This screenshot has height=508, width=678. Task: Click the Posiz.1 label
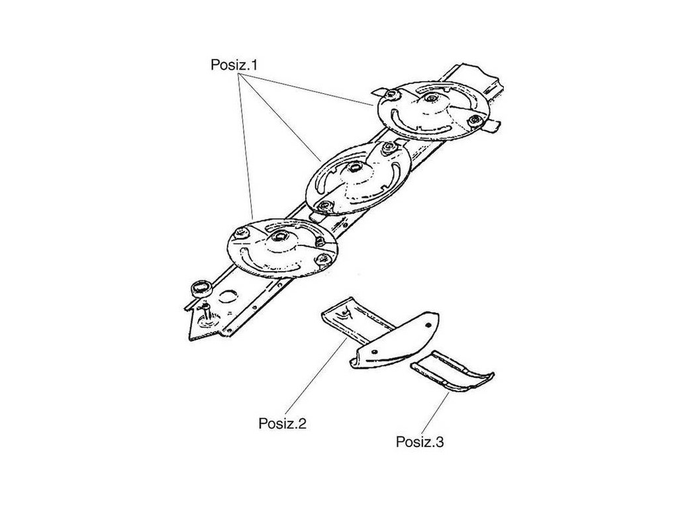234,65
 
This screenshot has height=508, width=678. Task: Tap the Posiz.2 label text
282,423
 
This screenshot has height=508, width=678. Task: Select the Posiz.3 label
420,441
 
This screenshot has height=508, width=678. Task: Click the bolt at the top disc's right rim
473,120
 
